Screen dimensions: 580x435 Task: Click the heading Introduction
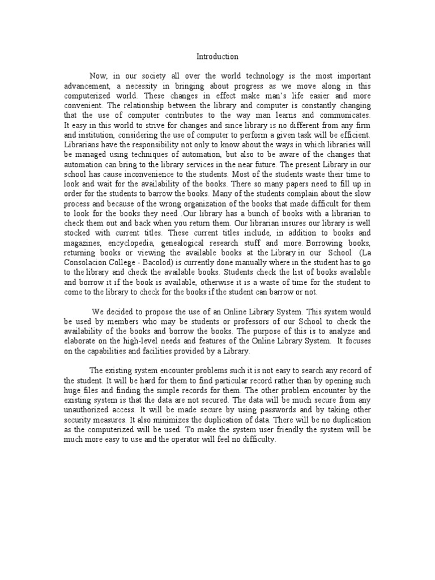[x=217, y=57]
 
